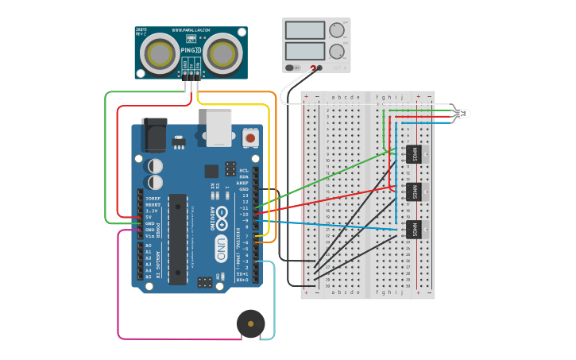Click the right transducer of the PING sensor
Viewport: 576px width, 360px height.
[221, 53]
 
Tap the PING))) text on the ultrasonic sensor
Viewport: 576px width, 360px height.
[191, 51]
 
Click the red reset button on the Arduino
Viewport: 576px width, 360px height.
[251, 137]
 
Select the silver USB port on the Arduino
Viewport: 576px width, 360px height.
[218, 127]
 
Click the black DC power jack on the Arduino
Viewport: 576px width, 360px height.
[154, 134]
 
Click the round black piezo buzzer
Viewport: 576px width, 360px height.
[251, 324]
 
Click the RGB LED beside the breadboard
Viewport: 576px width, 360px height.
[460, 114]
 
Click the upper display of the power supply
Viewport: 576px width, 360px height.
[304, 30]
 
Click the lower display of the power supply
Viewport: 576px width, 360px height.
[304, 52]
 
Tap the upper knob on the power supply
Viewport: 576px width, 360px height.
[337, 30]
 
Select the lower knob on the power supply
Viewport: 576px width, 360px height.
[337, 52]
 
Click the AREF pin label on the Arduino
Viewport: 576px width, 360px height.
[243, 182]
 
